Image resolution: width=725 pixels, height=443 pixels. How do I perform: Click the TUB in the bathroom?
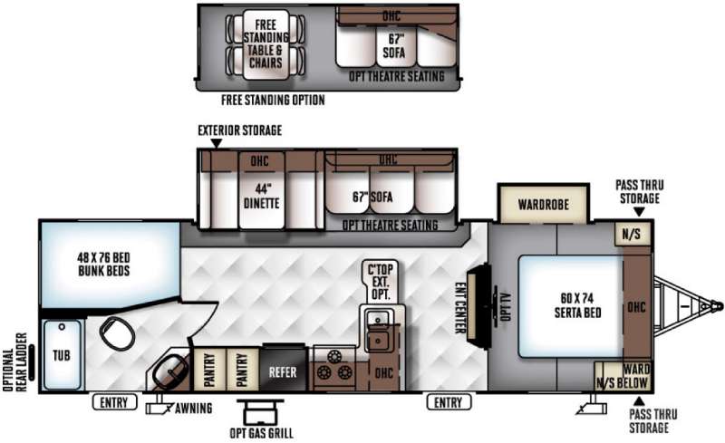63,355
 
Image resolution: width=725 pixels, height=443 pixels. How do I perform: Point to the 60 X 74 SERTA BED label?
578,305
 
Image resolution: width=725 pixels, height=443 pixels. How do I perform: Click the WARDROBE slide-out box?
543,204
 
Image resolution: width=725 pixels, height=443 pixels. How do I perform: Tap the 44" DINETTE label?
261,196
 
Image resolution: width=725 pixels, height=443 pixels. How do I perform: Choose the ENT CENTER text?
460,307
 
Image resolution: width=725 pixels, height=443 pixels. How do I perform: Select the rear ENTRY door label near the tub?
114,402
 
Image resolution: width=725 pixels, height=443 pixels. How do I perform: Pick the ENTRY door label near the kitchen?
449,402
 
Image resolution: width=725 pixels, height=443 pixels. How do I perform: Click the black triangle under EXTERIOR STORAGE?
216,143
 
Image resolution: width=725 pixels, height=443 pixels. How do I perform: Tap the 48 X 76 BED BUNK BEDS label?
103,264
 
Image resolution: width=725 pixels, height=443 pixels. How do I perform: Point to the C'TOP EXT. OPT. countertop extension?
381,282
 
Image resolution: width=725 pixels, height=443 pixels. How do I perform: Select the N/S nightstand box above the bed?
631,234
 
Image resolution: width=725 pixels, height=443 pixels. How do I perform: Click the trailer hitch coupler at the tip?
716,306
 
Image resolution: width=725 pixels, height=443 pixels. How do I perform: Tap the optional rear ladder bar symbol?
32,362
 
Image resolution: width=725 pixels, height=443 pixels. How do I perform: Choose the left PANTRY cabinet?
209,370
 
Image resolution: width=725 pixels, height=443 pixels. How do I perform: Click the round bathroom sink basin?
170,371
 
